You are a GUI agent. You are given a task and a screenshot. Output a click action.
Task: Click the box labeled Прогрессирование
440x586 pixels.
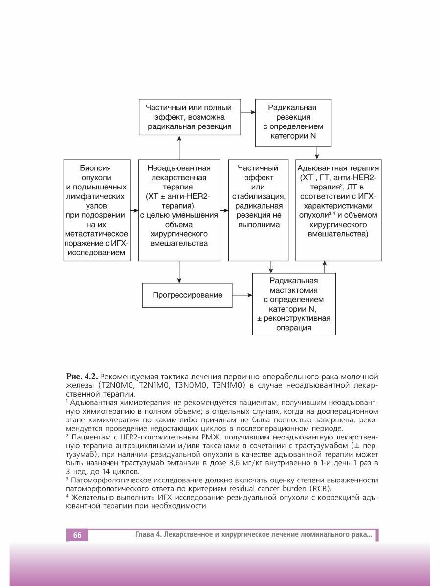pyautogui.click(x=187, y=295)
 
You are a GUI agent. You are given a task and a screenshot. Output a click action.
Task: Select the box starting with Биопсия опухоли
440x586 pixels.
pyautogui.click(x=97, y=210)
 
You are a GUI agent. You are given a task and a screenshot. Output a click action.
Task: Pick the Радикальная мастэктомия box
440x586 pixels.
pyautogui.click(x=293, y=304)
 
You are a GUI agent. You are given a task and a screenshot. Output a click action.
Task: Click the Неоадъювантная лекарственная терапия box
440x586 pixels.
pyautogui.click(x=179, y=210)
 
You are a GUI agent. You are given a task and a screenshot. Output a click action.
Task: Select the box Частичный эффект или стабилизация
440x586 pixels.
pyautogui.click(x=258, y=210)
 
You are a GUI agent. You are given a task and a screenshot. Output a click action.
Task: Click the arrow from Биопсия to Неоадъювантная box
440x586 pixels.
pyautogui.click(x=134, y=210)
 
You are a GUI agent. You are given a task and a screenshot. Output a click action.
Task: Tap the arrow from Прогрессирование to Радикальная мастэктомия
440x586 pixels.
pyautogui.click(x=242, y=295)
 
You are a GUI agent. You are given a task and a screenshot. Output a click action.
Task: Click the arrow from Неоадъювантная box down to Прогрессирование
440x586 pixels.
pyautogui.click(x=179, y=272)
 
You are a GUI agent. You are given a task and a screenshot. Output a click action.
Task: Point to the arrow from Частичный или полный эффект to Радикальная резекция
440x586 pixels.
pyautogui.click(x=249, y=112)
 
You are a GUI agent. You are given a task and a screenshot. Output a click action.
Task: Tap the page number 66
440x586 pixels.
pyautogui.click(x=77, y=535)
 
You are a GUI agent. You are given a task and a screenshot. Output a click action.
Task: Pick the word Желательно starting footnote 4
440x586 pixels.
pyautogui.click(x=93, y=498)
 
